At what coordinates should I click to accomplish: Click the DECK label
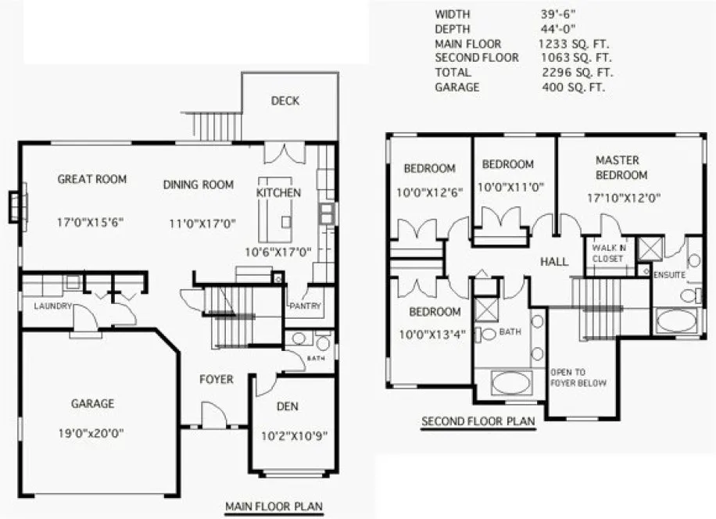285,101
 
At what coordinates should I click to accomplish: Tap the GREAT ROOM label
92,179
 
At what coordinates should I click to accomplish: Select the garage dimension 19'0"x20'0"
92,431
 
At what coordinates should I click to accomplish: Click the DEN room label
288,406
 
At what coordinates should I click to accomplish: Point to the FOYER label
216,380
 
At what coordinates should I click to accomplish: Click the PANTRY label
304,306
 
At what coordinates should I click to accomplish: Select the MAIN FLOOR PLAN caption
274,506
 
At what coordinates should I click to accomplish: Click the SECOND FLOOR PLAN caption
478,421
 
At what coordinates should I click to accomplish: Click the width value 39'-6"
556,14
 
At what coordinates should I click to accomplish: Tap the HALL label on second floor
553,262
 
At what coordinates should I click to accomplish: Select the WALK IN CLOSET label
609,252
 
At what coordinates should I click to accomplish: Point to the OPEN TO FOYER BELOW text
578,378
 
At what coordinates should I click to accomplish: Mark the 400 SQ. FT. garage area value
574,88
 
